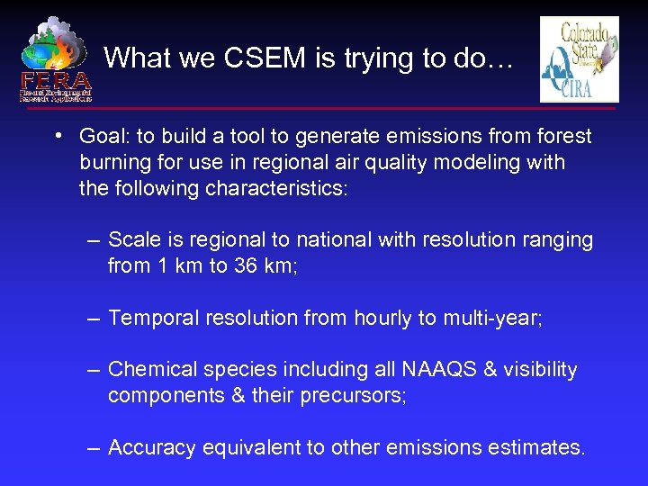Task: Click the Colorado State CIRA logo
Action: [579, 59]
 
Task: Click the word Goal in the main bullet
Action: [102, 137]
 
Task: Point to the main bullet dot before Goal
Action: [57, 137]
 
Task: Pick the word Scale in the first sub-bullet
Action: [130, 240]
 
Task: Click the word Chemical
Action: [148, 370]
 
